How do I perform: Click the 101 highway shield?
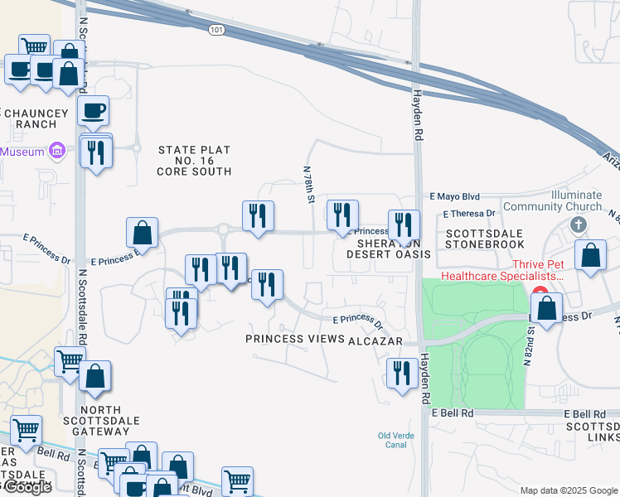coord(216,30)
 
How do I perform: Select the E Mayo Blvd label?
coord(454,197)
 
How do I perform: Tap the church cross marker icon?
coord(579,224)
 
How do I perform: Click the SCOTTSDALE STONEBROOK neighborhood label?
coord(485,239)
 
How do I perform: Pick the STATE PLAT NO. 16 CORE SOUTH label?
coord(194,161)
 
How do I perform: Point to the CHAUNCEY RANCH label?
coord(29,118)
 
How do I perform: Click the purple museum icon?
coord(56,151)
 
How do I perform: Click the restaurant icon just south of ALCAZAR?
coord(402,373)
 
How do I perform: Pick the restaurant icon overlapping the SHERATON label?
coord(404,224)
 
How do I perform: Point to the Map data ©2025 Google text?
coord(568,490)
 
